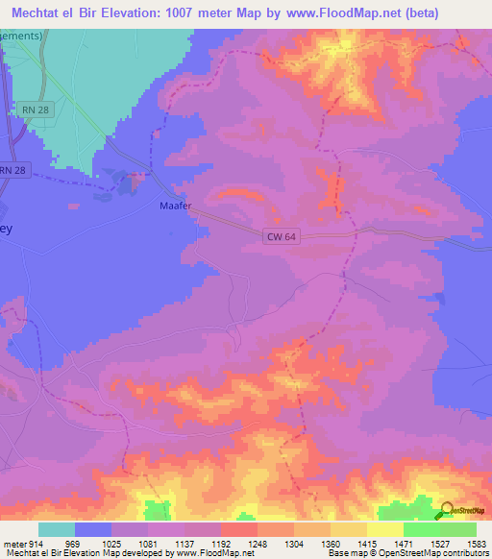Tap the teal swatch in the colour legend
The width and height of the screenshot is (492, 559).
point(57,530)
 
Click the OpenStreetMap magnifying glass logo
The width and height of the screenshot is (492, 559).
point(446,511)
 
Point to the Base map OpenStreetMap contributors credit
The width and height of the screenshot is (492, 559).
point(406,553)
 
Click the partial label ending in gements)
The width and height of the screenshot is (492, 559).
point(21,36)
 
